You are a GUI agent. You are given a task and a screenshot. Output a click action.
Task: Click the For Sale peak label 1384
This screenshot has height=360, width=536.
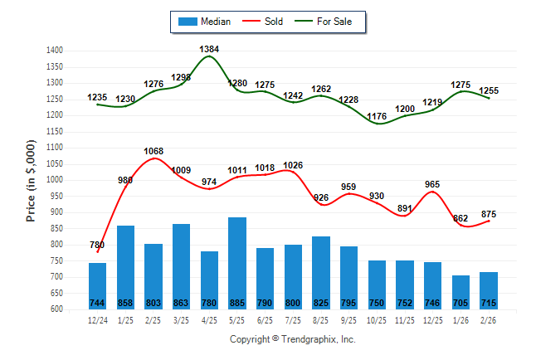[x=209, y=49]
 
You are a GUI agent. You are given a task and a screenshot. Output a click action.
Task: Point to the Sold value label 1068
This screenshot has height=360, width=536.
[x=153, y=151]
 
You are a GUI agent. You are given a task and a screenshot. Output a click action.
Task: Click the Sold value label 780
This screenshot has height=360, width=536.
[x=97, y=245]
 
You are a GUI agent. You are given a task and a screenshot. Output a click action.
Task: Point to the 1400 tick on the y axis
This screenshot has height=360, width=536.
[x=55, y=51]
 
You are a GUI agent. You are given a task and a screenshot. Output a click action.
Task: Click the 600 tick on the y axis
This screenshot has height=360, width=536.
[x=57, y=309]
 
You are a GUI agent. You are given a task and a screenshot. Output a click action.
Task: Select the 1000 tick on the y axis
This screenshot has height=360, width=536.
[x=55, y=180]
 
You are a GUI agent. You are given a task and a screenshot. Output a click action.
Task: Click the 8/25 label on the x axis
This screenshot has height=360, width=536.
[x=321, y=319]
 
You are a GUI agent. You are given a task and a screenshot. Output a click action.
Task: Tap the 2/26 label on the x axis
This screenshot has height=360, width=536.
[x=489, y=319]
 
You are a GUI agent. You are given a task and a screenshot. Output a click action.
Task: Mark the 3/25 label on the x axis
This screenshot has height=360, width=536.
[x=182, y=319]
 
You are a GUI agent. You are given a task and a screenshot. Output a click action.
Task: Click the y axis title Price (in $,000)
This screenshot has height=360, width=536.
[x=31, y=179]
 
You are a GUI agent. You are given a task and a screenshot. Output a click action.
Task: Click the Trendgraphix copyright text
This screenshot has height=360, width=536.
[x=291, y=339]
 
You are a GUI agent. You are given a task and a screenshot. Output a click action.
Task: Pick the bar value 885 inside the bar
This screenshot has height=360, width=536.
[x=237, y=302]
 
